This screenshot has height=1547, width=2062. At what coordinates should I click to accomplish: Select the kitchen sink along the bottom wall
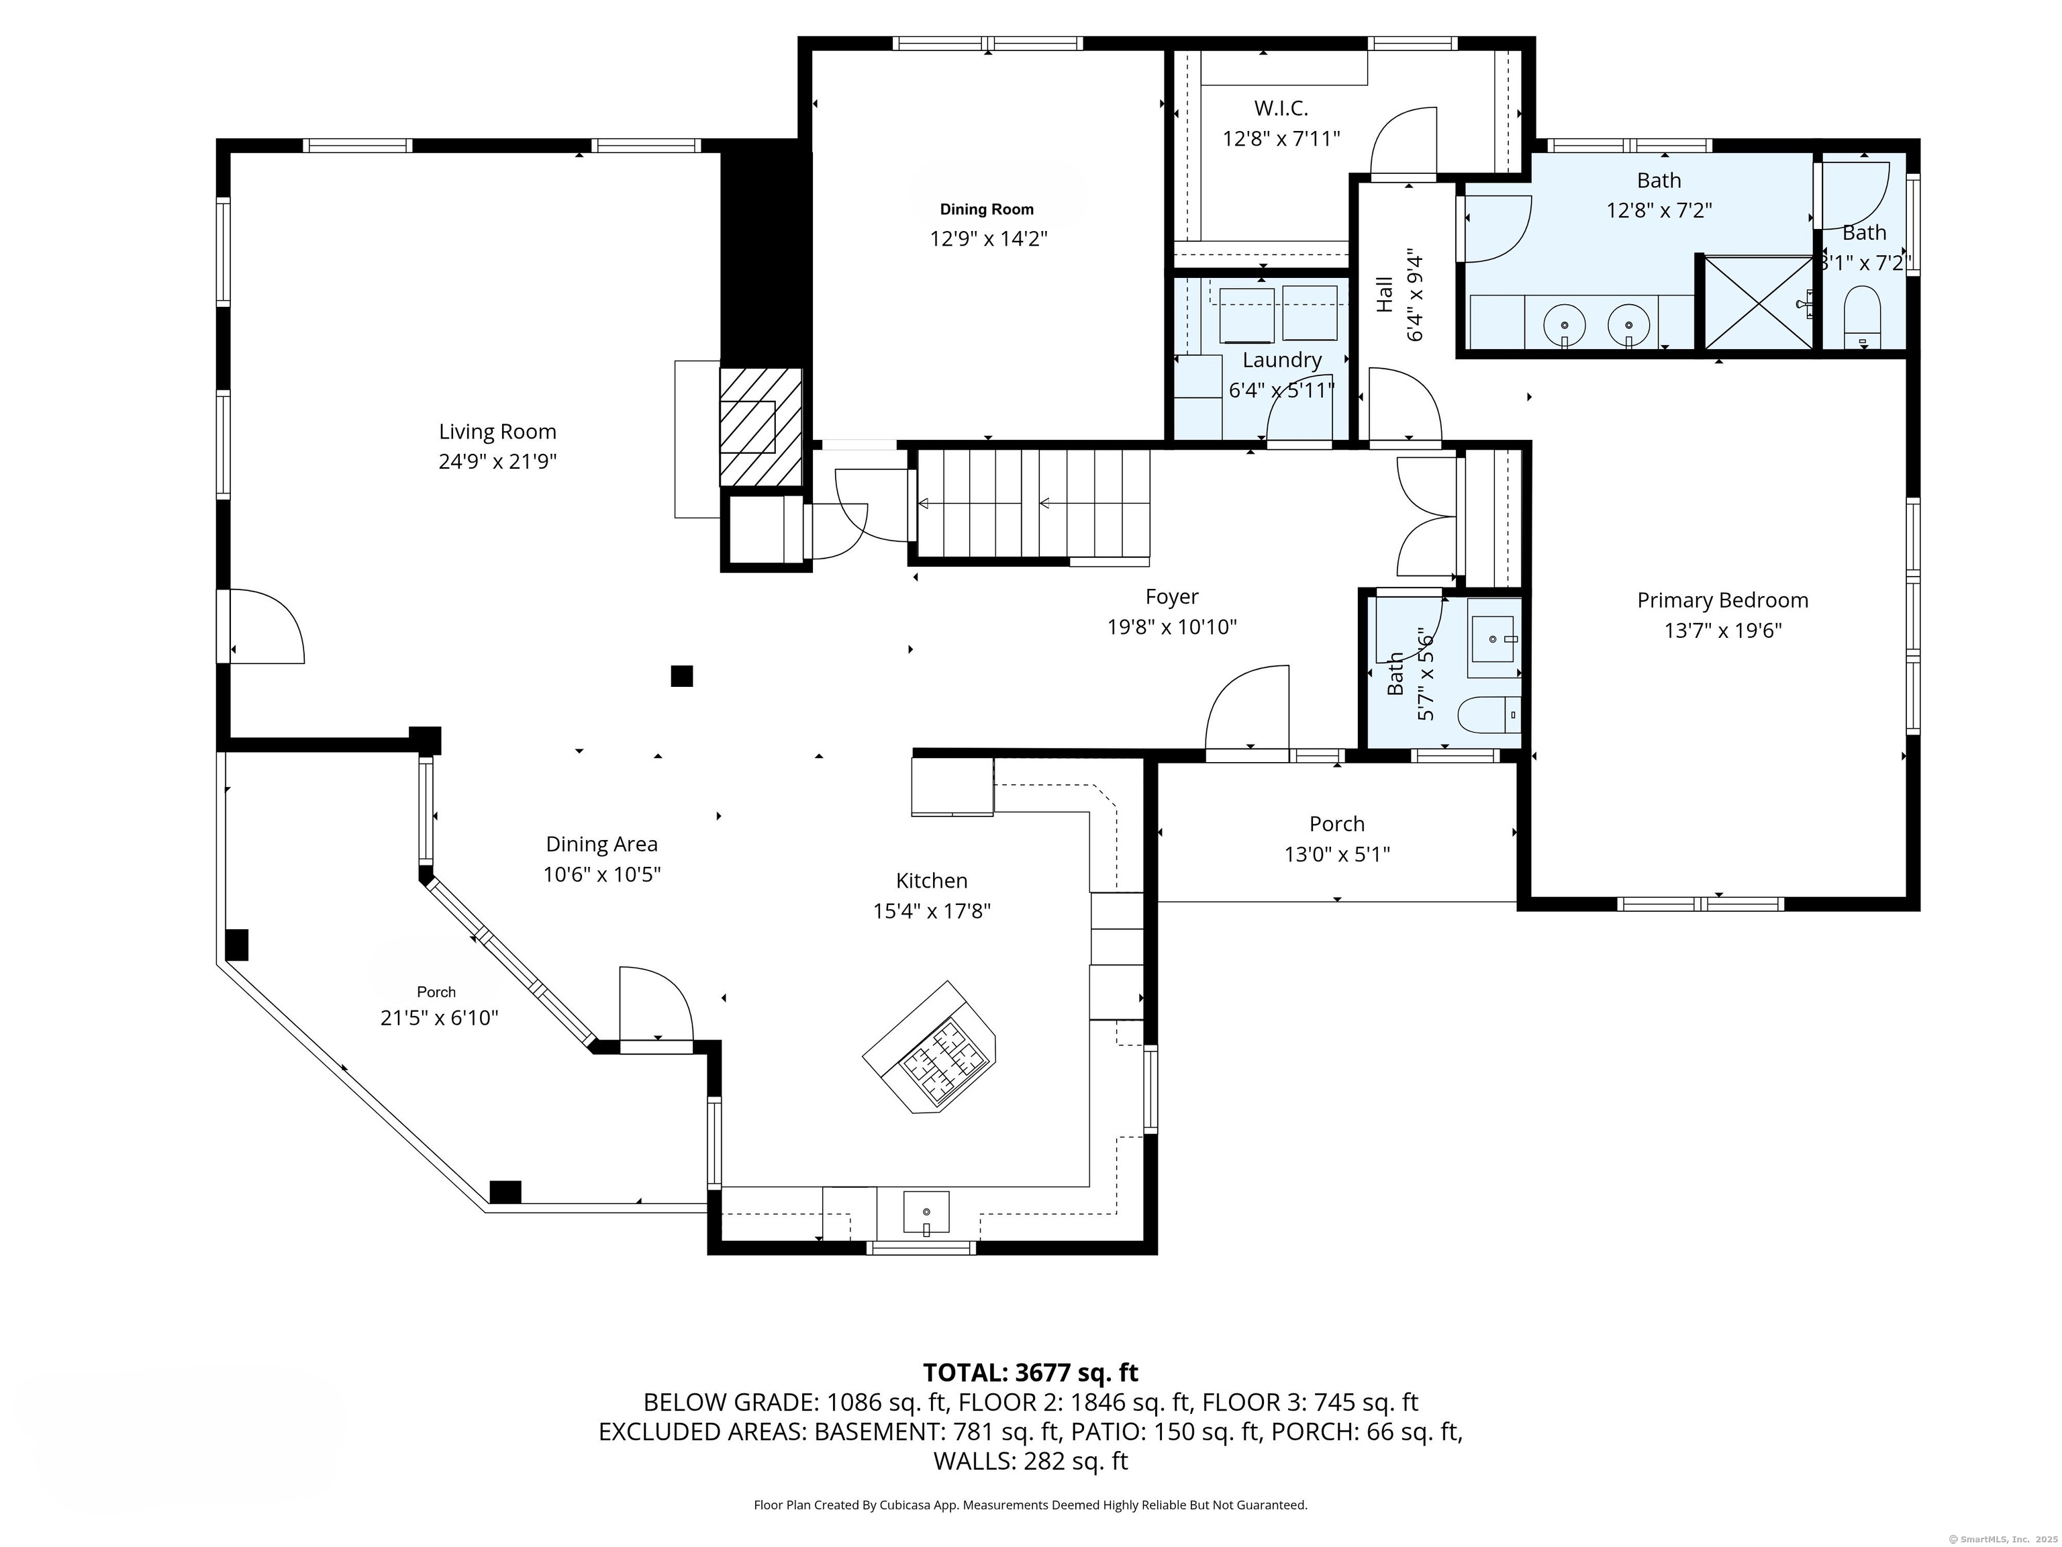[x=926, y=1212]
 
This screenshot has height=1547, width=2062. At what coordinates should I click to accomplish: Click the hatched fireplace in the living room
[x=760, y=426]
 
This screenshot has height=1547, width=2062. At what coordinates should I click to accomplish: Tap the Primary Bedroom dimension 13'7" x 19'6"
[x=1722, y=630]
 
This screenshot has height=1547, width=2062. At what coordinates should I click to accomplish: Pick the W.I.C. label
[x=1281, y=108]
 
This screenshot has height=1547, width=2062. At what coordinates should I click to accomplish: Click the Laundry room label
[x=1282, y=360]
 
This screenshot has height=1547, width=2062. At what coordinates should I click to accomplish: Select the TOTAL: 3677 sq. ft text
[x=1030, y=1372]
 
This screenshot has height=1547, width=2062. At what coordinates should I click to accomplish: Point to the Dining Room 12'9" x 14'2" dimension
[x=988, y=239]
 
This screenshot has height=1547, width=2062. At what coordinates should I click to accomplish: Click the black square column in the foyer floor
[x=681, y=676]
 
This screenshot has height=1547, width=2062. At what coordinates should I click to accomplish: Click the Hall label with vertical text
[x=1384, y=293]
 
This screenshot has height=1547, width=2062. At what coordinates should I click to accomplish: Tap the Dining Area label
[x=601, y=844]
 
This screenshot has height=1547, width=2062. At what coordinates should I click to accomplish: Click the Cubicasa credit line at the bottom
[x=1030, y=1504]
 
